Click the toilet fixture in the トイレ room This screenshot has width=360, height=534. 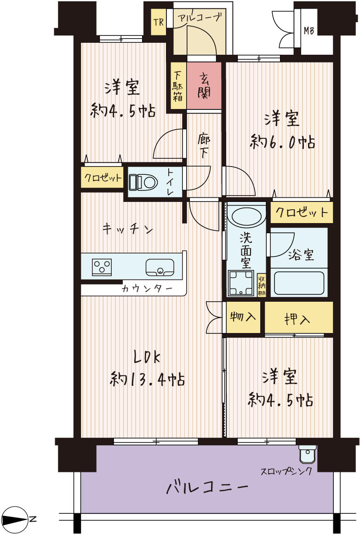click(143, 182)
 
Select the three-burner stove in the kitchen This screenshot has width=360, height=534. click(102, 267)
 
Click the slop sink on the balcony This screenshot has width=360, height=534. click(308, 454)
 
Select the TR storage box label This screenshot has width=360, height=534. click(159, 23)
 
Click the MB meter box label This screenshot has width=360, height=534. click(309, 31)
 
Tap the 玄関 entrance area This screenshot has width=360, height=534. click(204, 86)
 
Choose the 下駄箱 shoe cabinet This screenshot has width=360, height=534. click(178, 86)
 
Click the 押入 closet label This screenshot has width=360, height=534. click(297, 319)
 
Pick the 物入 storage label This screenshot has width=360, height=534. click(243, 317)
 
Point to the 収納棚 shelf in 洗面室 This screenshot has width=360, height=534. click(261, 285)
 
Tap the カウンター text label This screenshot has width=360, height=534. click(147, 289)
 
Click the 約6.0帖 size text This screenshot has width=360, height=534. click(282, 142)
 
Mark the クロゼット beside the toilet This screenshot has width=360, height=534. click(102, 177)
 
